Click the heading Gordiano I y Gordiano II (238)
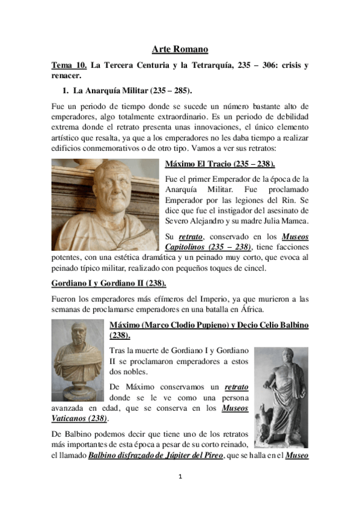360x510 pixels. [x=108, y=283]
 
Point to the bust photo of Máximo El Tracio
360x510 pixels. [x=106, y=204]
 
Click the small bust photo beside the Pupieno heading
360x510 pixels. [x=78, y=360]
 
